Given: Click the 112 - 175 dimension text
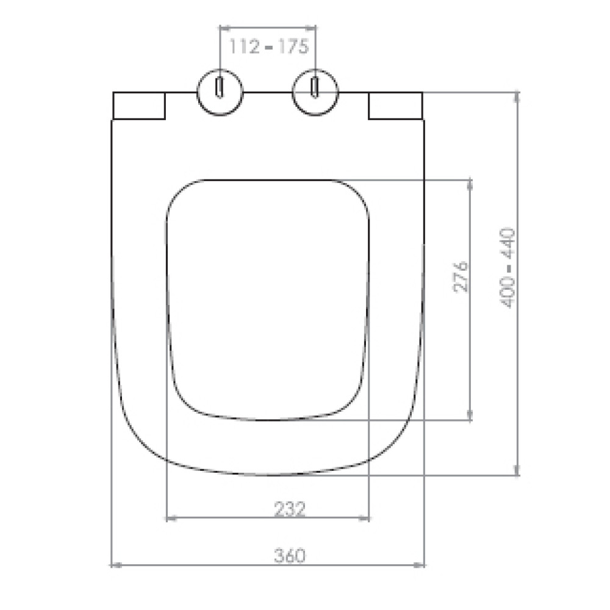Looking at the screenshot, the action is [269, 46].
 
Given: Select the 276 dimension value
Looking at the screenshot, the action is [461, 276].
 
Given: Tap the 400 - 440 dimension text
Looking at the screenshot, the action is [508, 268].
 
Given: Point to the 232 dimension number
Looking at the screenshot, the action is [290, 509].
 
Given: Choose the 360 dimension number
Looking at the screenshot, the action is [290, 555].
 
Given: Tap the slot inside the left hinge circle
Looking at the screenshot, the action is [220, 87].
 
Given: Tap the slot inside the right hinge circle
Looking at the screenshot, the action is [315, 87].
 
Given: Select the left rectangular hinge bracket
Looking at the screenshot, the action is [139, 106].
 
